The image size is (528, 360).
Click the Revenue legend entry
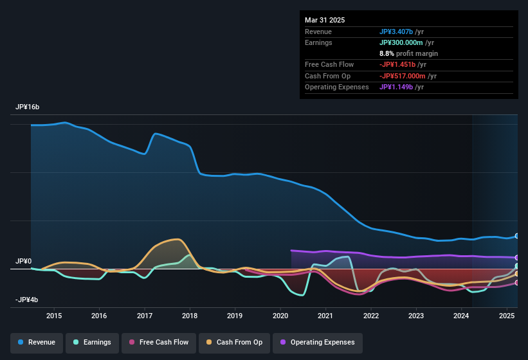pos(37,342)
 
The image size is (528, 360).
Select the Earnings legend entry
pos(93,342)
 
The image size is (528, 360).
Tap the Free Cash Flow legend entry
pos(159,342)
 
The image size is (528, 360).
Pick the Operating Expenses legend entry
pos(317,342)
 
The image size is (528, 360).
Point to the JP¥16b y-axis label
pos(28,107)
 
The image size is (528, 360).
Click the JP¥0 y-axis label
pos(24,262)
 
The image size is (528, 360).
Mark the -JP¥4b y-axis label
pos(26,300)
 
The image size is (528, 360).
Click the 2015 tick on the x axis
pos(54,316)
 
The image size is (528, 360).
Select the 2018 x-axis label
pos(190,316)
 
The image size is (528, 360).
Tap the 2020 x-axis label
pos(280,316)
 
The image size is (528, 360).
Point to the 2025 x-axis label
pos(507,316)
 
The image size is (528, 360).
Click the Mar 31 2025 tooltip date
pos(325,20)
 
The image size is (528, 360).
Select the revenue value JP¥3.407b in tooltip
pos(400,32)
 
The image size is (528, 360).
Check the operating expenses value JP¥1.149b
pos(400,87)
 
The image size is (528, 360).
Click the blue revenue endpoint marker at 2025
pos(517,236)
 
